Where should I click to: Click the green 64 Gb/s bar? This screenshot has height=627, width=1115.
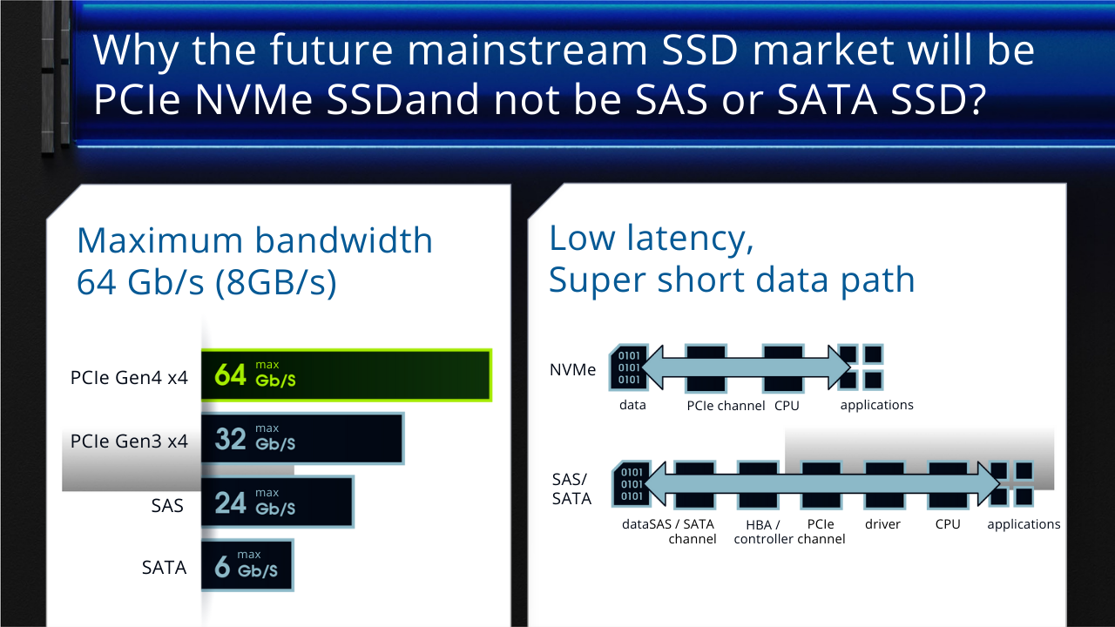[347, 375]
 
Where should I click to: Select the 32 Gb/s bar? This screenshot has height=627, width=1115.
[302, 439]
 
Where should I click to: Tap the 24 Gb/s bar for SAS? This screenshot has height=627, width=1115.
[277, 502]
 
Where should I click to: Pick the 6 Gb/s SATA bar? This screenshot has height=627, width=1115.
[247, 565]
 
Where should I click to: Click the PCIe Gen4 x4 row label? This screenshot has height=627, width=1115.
[129, 378]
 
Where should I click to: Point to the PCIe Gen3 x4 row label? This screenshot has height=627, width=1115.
[129, 441]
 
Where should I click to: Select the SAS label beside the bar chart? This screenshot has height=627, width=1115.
[167, 506]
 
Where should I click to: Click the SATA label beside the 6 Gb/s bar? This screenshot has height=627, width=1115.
[164, 567]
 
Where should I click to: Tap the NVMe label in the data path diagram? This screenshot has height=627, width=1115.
[572, 370]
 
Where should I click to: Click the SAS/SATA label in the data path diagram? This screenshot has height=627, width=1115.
[571, 489]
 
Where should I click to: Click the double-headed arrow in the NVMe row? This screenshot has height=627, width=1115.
[746, 367]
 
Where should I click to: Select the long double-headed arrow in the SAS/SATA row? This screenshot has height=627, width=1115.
[821, 483]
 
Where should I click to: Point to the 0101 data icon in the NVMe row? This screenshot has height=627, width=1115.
[629, 367]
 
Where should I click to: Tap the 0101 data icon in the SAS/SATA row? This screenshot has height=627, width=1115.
[632, 483]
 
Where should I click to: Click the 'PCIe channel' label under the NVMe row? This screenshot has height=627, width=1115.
[726, 406]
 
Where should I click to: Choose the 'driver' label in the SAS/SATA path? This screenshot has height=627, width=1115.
[882, 524]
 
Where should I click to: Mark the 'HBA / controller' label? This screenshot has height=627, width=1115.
[763, 531]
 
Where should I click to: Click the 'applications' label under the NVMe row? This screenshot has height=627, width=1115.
[876, 406]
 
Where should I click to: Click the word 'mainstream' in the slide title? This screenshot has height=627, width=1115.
[527, 50]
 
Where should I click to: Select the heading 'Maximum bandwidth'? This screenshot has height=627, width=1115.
[254, 240]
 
